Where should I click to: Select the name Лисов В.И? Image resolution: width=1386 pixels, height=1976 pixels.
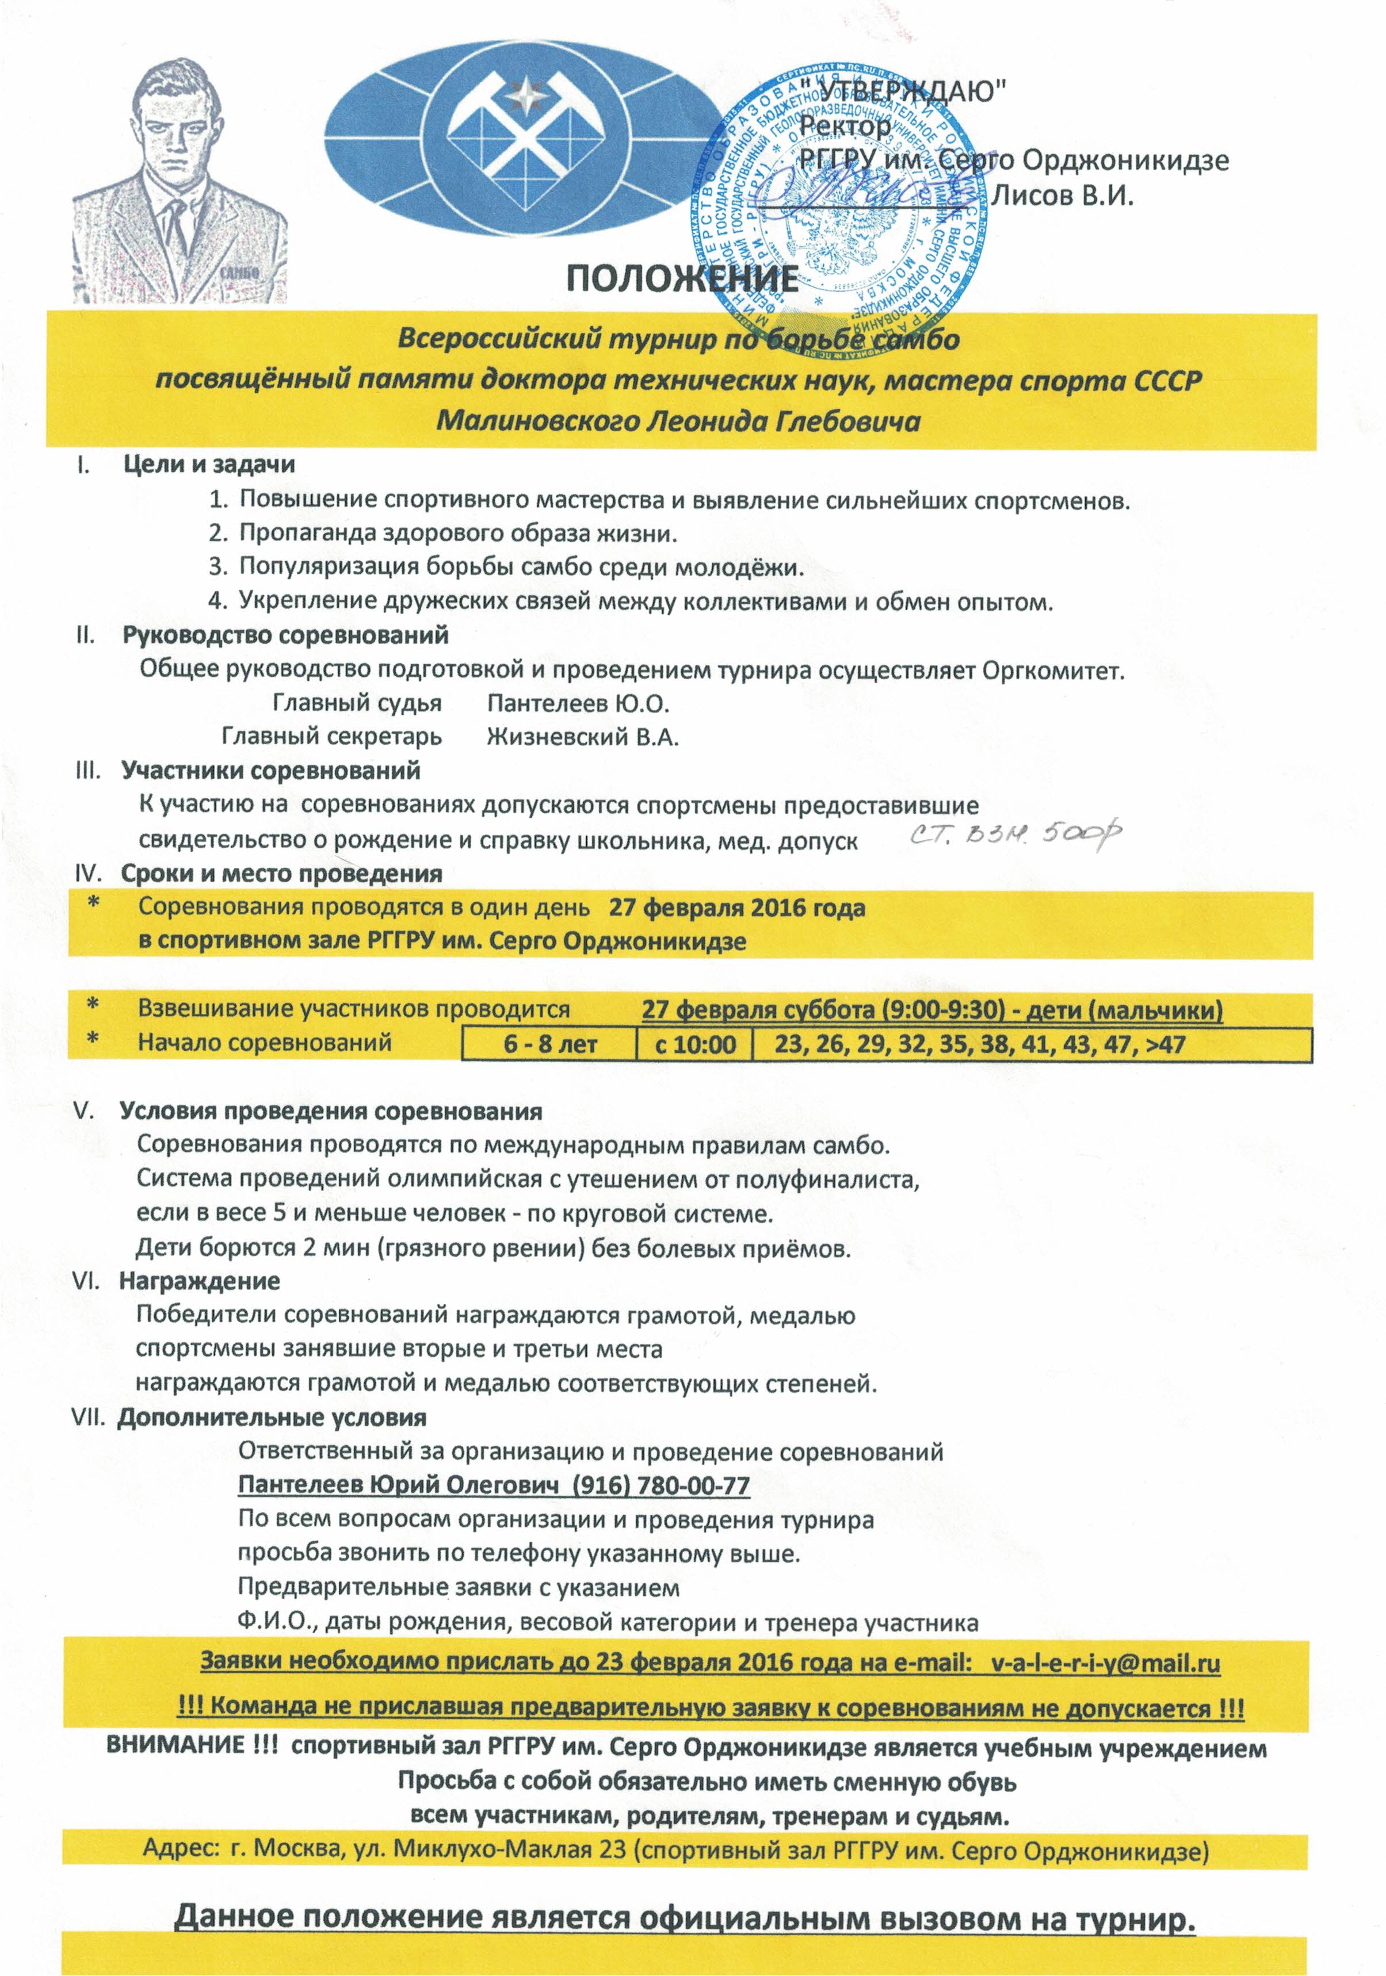tap(1063, 196)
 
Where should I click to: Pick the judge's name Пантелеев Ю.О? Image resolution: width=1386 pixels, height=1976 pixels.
tap(578, 703)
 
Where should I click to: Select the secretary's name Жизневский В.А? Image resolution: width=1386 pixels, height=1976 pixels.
tap(583, 738)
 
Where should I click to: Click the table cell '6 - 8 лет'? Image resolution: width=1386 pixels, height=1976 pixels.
tap(550, 1045)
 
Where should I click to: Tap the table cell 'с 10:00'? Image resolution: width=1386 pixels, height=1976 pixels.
tap(694, 1045)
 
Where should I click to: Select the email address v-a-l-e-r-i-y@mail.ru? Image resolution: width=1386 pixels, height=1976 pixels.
tap(1105, 1662)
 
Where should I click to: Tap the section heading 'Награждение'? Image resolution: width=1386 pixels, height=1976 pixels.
tap(199, 1281)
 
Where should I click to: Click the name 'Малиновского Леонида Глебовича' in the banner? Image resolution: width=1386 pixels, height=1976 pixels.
tap(678, 421)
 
